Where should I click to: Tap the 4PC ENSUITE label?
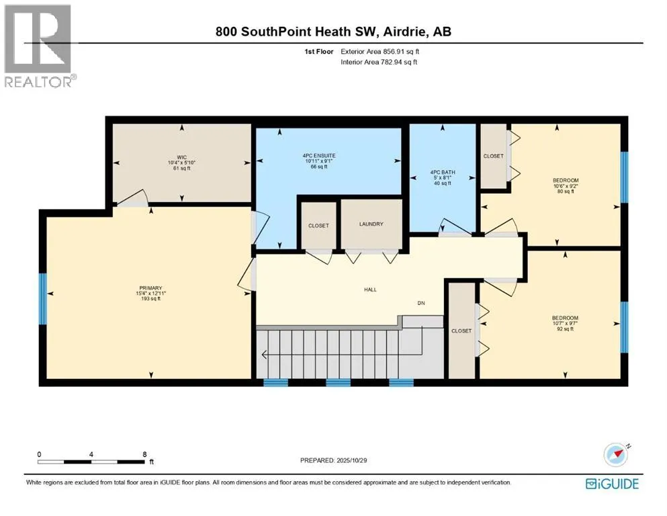point(319,156)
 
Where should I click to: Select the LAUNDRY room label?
point(371,224)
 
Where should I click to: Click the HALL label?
point(370,290)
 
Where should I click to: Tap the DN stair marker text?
point(421,303)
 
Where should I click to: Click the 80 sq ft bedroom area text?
point(563,191)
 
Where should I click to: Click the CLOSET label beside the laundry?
point(318,226)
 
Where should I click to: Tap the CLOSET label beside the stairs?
point(461,331)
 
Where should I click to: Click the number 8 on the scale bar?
point(144,454)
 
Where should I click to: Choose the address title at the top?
point(333,32)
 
